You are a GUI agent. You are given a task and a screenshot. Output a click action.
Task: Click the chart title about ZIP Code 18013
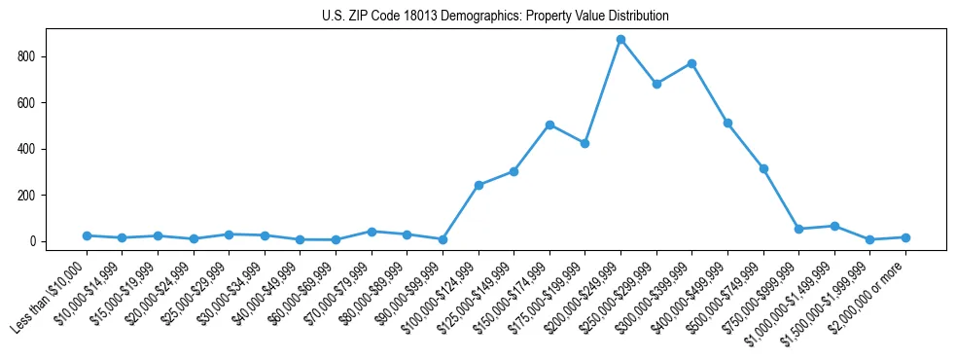point(495,17)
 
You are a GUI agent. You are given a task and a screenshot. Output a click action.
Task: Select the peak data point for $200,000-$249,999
point(620,40)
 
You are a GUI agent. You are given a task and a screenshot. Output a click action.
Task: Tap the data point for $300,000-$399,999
point(691,63)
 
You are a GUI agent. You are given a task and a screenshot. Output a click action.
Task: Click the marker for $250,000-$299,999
point(656,84)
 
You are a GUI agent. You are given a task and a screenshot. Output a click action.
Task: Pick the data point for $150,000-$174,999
point(549,125)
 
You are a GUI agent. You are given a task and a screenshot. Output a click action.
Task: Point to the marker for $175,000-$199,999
point(584,143)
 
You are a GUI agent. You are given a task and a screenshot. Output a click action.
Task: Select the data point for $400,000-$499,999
point(727,124)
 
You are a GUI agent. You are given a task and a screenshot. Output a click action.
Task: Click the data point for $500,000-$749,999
point(763,168)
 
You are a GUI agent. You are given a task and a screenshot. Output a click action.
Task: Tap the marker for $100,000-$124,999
point(478,185)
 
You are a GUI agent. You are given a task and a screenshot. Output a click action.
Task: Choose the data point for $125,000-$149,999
point(513,171)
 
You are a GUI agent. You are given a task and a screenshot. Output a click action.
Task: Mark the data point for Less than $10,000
point(87,235)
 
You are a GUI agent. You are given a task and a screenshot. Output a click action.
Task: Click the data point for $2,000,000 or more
point(905,237)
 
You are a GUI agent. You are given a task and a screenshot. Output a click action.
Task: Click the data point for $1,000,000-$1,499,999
point(834,226)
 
